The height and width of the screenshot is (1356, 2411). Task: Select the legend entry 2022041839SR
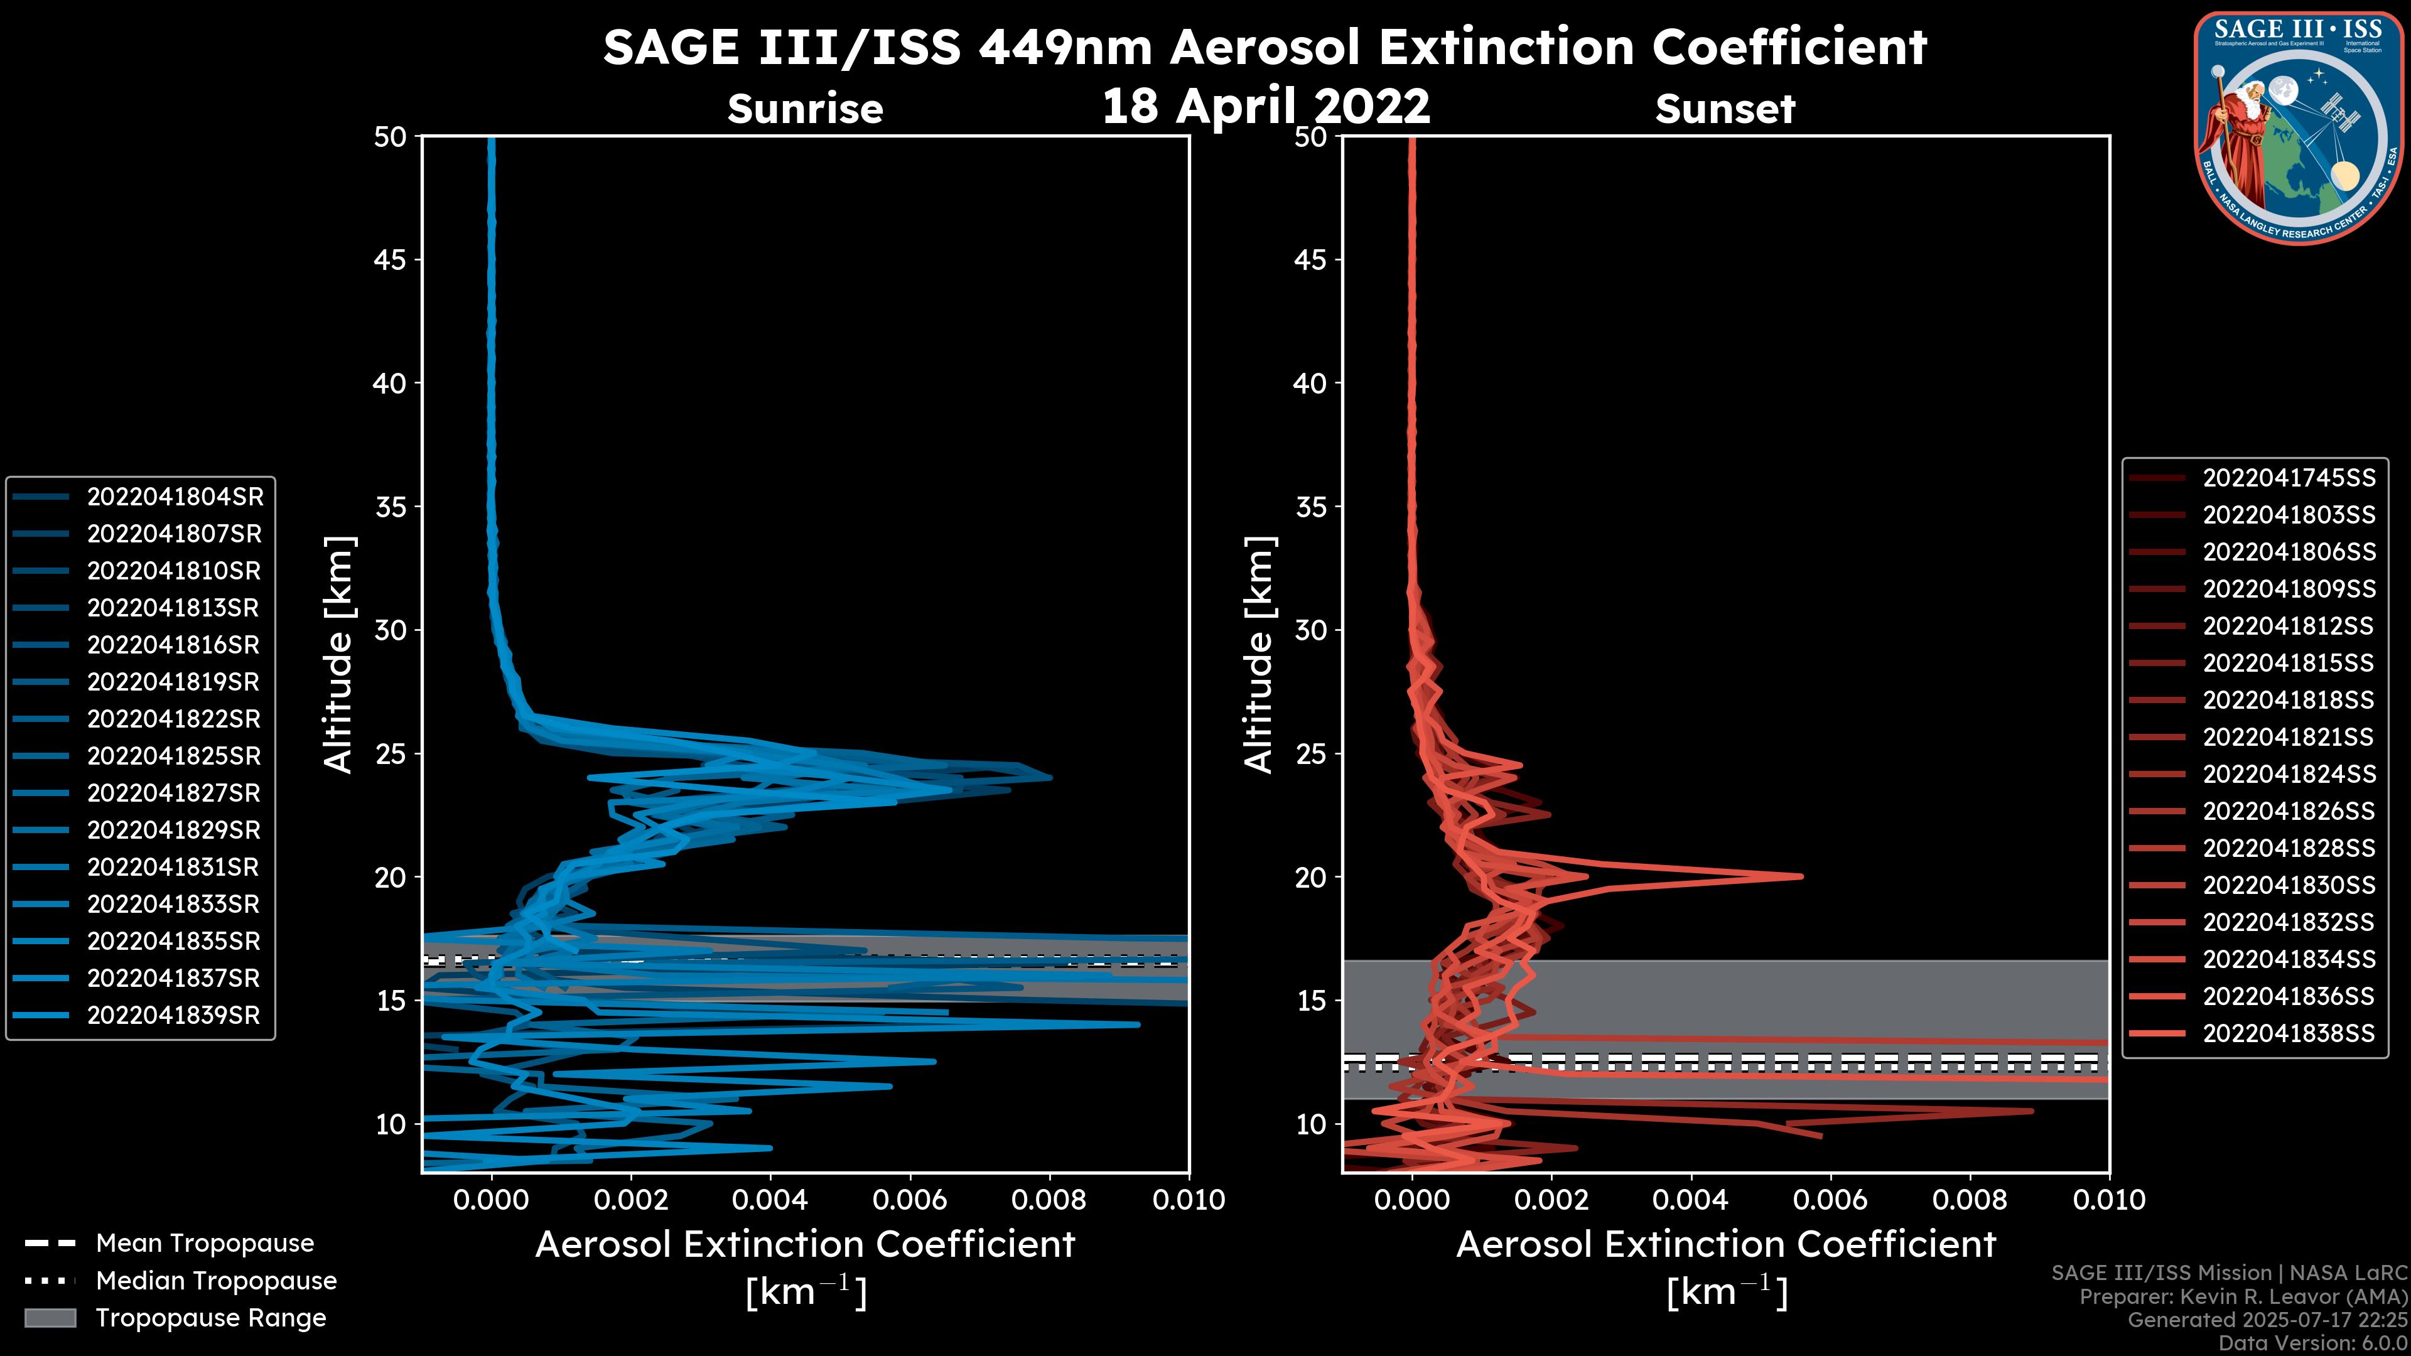pyautogui.click(x=173, y=1015)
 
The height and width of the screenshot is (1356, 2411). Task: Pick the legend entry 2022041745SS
pyautogui.click(x=2289, y=478)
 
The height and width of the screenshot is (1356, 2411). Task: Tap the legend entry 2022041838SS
pyautogui.click(x=2289, y=1033)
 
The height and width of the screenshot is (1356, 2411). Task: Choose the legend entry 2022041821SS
pyautogui.click(x=2289, y=738)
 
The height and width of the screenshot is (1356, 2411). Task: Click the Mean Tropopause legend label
pyautogui.click(x=205, y=1244)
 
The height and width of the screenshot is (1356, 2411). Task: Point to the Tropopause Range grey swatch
pyautogui.click(x=50, y=1318)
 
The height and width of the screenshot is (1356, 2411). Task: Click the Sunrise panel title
pyautogui.click(x=805, y=109)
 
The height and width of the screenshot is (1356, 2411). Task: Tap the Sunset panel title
pyautogui.click(x=1725, y=109)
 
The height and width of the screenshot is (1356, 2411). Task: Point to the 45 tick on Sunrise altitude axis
pyautogui.click(x=391, y=260)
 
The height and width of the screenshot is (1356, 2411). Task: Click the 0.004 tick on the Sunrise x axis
pyautogui.click(x=769, y=1200)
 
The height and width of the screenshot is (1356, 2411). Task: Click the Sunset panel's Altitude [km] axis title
pyautogui.click(x=1259, y=655)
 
